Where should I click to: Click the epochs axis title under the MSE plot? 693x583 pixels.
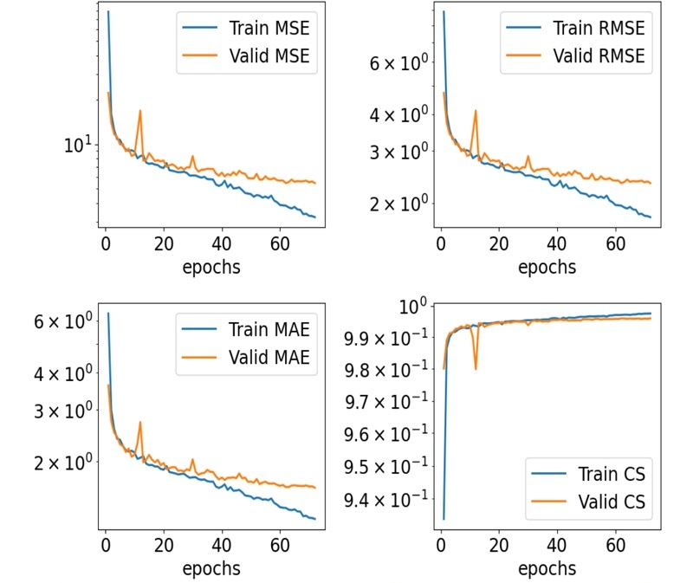point(211,267)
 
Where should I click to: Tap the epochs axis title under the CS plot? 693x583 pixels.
point(547,569)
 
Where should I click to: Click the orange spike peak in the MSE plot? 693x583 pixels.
point(139,110)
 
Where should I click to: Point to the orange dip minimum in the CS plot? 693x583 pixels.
point(476,370)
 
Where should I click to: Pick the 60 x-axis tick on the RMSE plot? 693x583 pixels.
point(615,244)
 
